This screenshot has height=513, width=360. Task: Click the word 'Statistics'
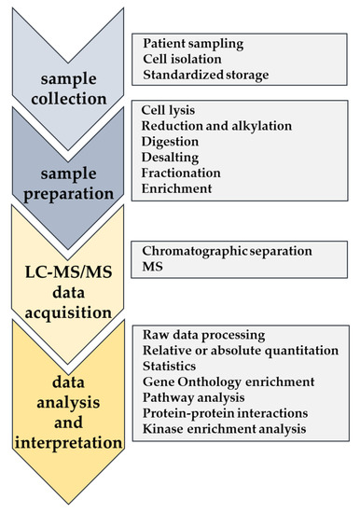tap(172, 366)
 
